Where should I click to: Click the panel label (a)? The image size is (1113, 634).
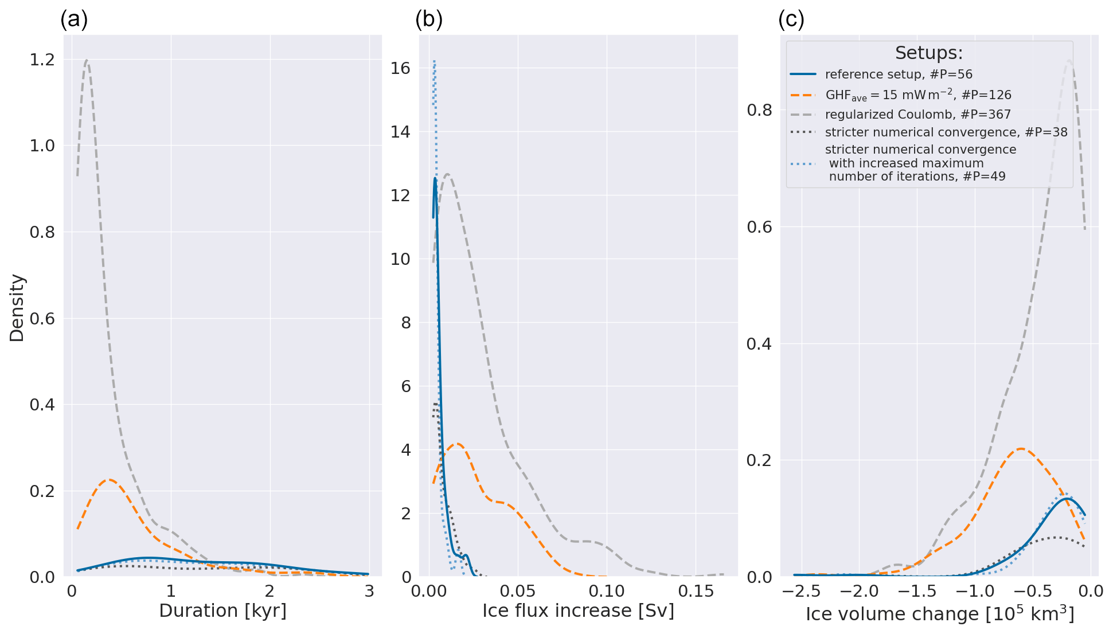click(74, 19)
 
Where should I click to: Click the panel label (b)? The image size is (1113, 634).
click(429, 19)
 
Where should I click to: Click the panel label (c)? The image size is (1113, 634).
click(791, 19)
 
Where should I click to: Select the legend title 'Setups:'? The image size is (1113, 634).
click(929, 53)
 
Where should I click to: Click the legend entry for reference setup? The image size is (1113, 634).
click(899, 75)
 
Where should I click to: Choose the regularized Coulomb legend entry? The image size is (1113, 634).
click(917, 115)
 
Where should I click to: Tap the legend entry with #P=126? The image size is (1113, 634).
click(918, 95)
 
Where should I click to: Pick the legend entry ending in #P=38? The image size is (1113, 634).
click(946, 132)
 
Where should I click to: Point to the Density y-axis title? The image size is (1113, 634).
click(17, 308)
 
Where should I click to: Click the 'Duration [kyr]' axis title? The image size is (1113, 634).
click(222, 611)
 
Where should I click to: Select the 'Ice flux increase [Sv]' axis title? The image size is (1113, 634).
click(578, 611)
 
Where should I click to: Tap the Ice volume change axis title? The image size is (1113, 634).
click(940, 613)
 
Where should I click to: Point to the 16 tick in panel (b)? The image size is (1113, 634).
click(400, 68)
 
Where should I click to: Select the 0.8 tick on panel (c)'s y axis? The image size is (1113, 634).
click(760, 110)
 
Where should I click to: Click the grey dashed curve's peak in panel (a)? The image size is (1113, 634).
click(87, 60)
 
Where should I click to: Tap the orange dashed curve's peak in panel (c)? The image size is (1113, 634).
click(1021, 449)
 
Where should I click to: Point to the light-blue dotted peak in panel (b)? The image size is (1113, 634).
click(435, 61)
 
